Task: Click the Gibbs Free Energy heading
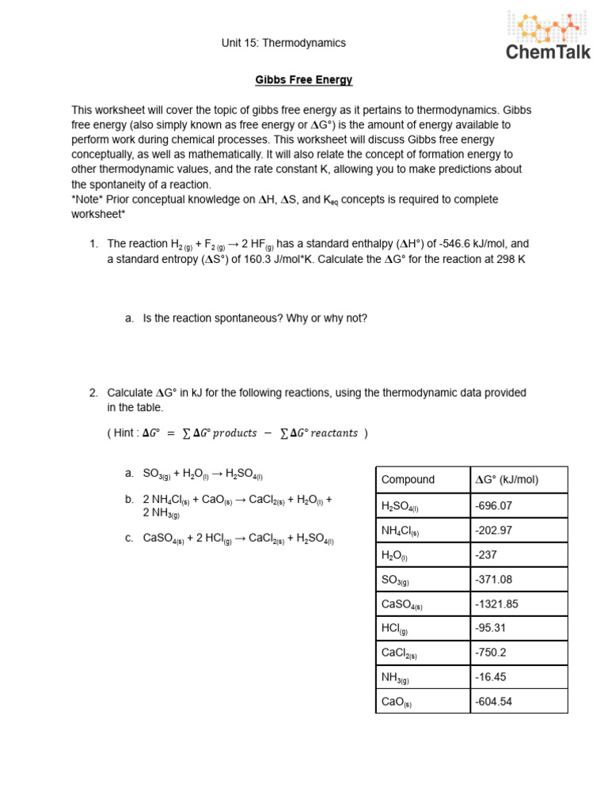303,80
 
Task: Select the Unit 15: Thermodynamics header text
283,43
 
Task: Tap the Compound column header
408,479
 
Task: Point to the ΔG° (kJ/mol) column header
507,479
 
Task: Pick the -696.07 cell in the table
493,504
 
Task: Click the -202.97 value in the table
493,530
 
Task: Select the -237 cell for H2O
486,555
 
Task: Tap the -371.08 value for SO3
493,581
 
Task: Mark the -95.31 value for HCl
491,630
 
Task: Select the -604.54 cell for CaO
493,702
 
